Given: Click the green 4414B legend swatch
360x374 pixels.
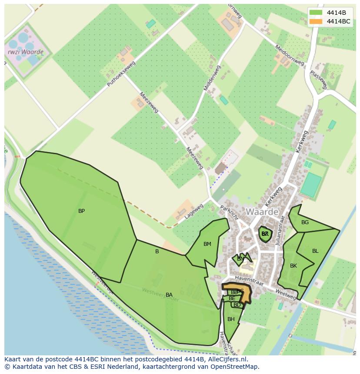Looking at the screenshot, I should tap(316, 13).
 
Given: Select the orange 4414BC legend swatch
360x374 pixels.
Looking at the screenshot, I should tap(316, 21).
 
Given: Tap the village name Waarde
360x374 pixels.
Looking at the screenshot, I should tap(262, 212).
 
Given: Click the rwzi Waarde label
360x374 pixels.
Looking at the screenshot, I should tap(26, 52).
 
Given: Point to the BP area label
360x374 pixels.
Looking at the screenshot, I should tap(81, 211).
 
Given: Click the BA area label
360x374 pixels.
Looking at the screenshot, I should tap(169, 295).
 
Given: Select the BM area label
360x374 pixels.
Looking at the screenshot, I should tap(207, 244).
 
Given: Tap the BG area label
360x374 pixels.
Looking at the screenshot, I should tap(305, 222).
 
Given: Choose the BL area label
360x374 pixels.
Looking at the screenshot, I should tap(315, 251).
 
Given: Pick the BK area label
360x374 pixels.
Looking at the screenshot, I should tap(293, 266).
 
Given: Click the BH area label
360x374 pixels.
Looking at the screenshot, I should tap(231, 319).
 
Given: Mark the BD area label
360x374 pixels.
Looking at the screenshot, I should tap(237, 305).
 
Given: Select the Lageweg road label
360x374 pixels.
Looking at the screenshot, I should tap(193, 212).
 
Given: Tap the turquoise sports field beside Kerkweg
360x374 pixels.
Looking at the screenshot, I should tap(310, 185).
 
